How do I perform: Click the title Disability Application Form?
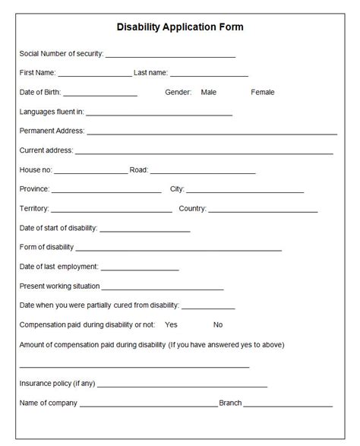(180, 27)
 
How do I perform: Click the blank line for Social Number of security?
(170, 56)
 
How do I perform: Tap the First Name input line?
(94, 76)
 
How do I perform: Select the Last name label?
(150, 73)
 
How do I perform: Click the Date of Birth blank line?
(100, 95)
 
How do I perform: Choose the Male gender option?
(209, 92)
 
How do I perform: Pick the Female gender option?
(263, 92)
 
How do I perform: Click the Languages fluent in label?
(52, 112)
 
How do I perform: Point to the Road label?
(139, 170)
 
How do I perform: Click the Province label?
(34, 189)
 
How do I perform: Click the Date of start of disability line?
(144, 230)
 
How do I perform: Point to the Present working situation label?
(59, 286)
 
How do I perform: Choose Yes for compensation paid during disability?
(171, 324)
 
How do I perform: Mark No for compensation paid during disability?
(218, 324)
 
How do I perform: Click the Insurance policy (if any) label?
(57, 384)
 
